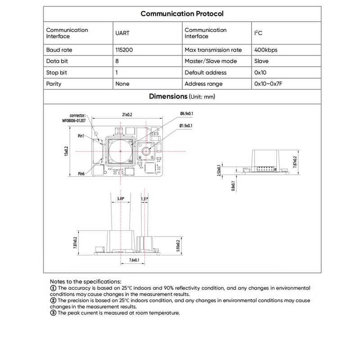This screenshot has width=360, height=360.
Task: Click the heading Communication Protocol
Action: [x=182, y=13]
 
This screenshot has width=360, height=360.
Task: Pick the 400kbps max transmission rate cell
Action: [x=266, y=50]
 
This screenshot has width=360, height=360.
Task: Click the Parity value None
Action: [x=122, y=84]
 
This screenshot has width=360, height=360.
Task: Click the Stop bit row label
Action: [x=57, y=72]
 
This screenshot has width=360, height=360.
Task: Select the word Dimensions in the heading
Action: [x=167, y=96]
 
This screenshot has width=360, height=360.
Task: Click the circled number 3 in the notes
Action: [x=53, y=313]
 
